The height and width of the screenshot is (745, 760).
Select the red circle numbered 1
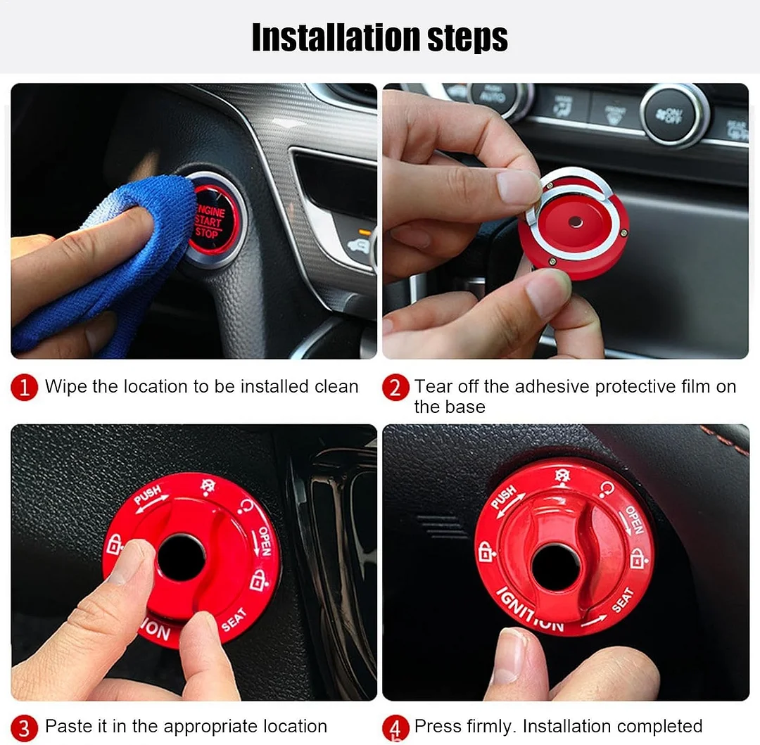[x=25, y=388]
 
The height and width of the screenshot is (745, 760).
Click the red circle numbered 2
[x=395, y=388]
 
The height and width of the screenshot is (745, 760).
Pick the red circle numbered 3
[x=25, y=727]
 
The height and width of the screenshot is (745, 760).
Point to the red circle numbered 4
[x=395, y=727]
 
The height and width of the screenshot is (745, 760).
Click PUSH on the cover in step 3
[x=148, y=495]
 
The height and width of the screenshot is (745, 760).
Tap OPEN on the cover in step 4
[x=634, y=519]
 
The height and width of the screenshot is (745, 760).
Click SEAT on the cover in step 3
[x=234, y=619]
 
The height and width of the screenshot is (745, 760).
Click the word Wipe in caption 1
[x=65, y=387]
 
